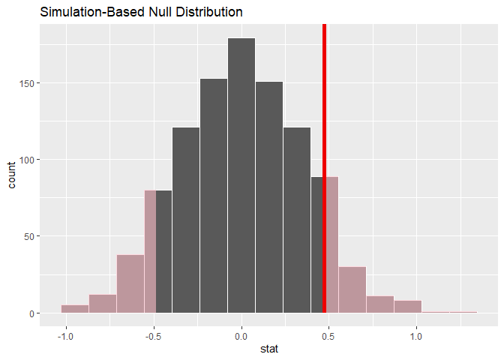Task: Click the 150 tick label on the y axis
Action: (24, 82)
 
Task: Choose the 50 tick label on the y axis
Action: (26, 236)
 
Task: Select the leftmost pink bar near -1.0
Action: (75, 309)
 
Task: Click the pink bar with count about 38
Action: (130, 284)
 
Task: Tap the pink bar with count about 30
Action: (352, 290)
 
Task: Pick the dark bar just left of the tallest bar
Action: (214, 196)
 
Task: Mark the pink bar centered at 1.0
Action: (407, 307)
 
